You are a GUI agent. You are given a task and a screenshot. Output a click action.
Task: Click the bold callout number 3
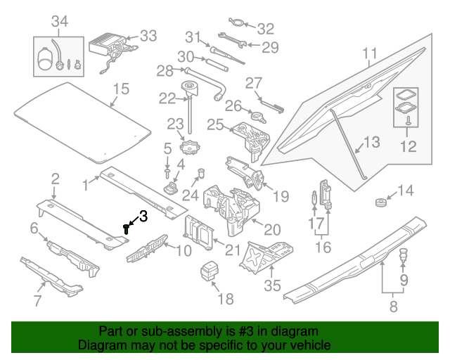[142, 217]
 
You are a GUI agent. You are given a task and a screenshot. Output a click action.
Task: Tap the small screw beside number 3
[127, 228]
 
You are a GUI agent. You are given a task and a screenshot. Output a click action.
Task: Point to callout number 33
[148, 36]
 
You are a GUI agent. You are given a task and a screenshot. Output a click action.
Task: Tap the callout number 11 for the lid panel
[370, 53]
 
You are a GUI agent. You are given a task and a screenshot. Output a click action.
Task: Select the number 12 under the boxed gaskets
[408, 146]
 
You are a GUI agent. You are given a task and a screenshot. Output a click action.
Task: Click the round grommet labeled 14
[380, 203]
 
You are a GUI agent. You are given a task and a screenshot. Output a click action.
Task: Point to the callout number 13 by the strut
[371, 142]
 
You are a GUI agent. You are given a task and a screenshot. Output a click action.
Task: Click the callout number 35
[272, 285]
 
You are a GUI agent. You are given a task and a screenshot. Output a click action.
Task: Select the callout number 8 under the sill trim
[392, 306]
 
